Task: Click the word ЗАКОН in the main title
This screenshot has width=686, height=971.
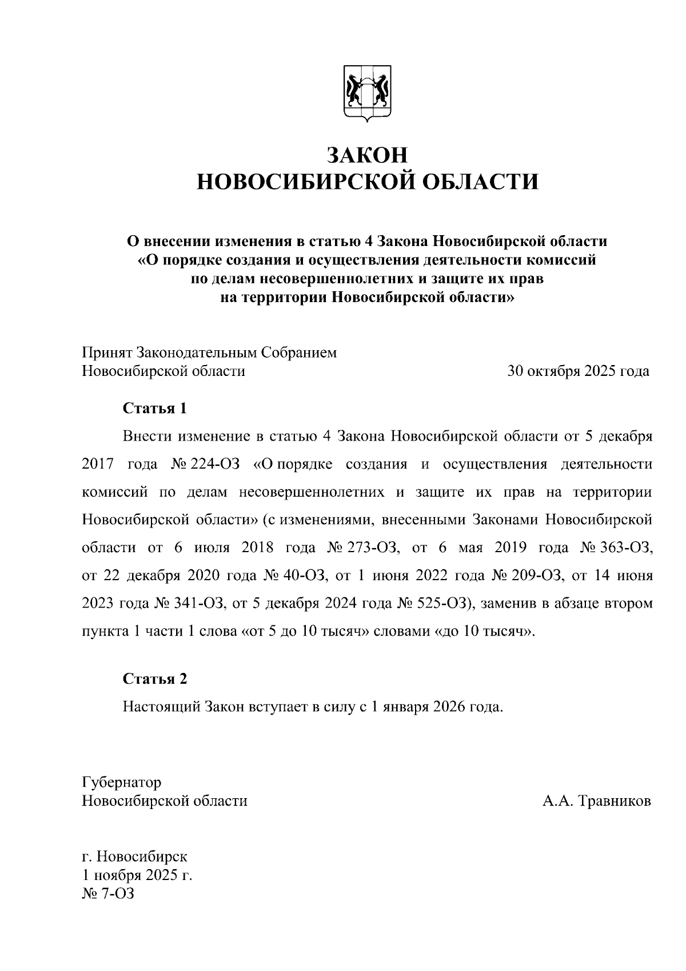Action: click(x=368, y=155)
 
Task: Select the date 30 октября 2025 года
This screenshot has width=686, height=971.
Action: click(x=578, y=371)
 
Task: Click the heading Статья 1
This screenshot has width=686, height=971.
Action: click(x=155, y=409)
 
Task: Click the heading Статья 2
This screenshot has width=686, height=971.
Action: click(x=155, y=679)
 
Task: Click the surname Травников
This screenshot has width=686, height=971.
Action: click(x=615, y=801)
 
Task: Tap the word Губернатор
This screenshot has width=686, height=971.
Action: click(x=122, y=782)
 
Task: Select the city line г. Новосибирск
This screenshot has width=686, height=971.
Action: click(x=135, y=857)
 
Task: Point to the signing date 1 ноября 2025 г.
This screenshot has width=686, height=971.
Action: click(x=137, y=875)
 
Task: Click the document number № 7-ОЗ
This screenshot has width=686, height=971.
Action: click(x=108, y=894)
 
